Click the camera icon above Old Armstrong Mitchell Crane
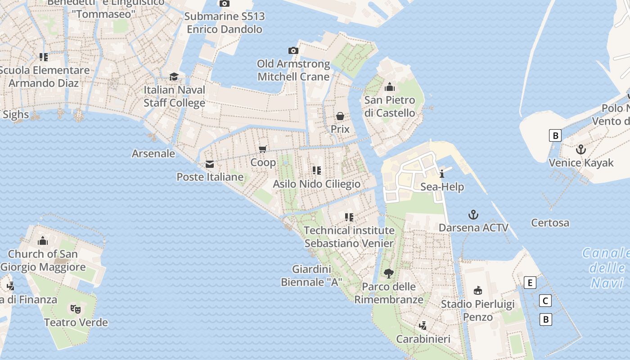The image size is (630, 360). click(293, 50)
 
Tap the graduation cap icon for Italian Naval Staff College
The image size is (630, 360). click(174, 76)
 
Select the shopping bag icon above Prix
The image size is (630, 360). click(340, 116)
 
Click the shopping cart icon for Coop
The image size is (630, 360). click(263, 149)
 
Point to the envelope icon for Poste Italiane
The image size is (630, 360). click(210, 164)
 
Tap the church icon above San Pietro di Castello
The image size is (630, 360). click(390, 87)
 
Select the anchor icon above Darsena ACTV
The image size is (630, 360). click(473, 214)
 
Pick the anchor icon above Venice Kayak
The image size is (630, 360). click(581, 149)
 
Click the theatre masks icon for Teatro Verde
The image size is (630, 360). click(76, 309)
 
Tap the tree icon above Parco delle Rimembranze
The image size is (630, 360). click(389, 273)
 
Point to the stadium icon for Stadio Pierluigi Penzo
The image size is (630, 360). click(478, 291)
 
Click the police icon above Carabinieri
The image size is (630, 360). click(423, 325)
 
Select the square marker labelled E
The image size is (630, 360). click(531, 283)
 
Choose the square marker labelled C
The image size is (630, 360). click(545, 301)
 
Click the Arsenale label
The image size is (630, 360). click(153, 153)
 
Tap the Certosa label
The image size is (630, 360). click(550, 223)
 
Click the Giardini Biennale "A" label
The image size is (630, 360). click(311, 276)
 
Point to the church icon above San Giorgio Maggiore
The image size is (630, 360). click(43, 241)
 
